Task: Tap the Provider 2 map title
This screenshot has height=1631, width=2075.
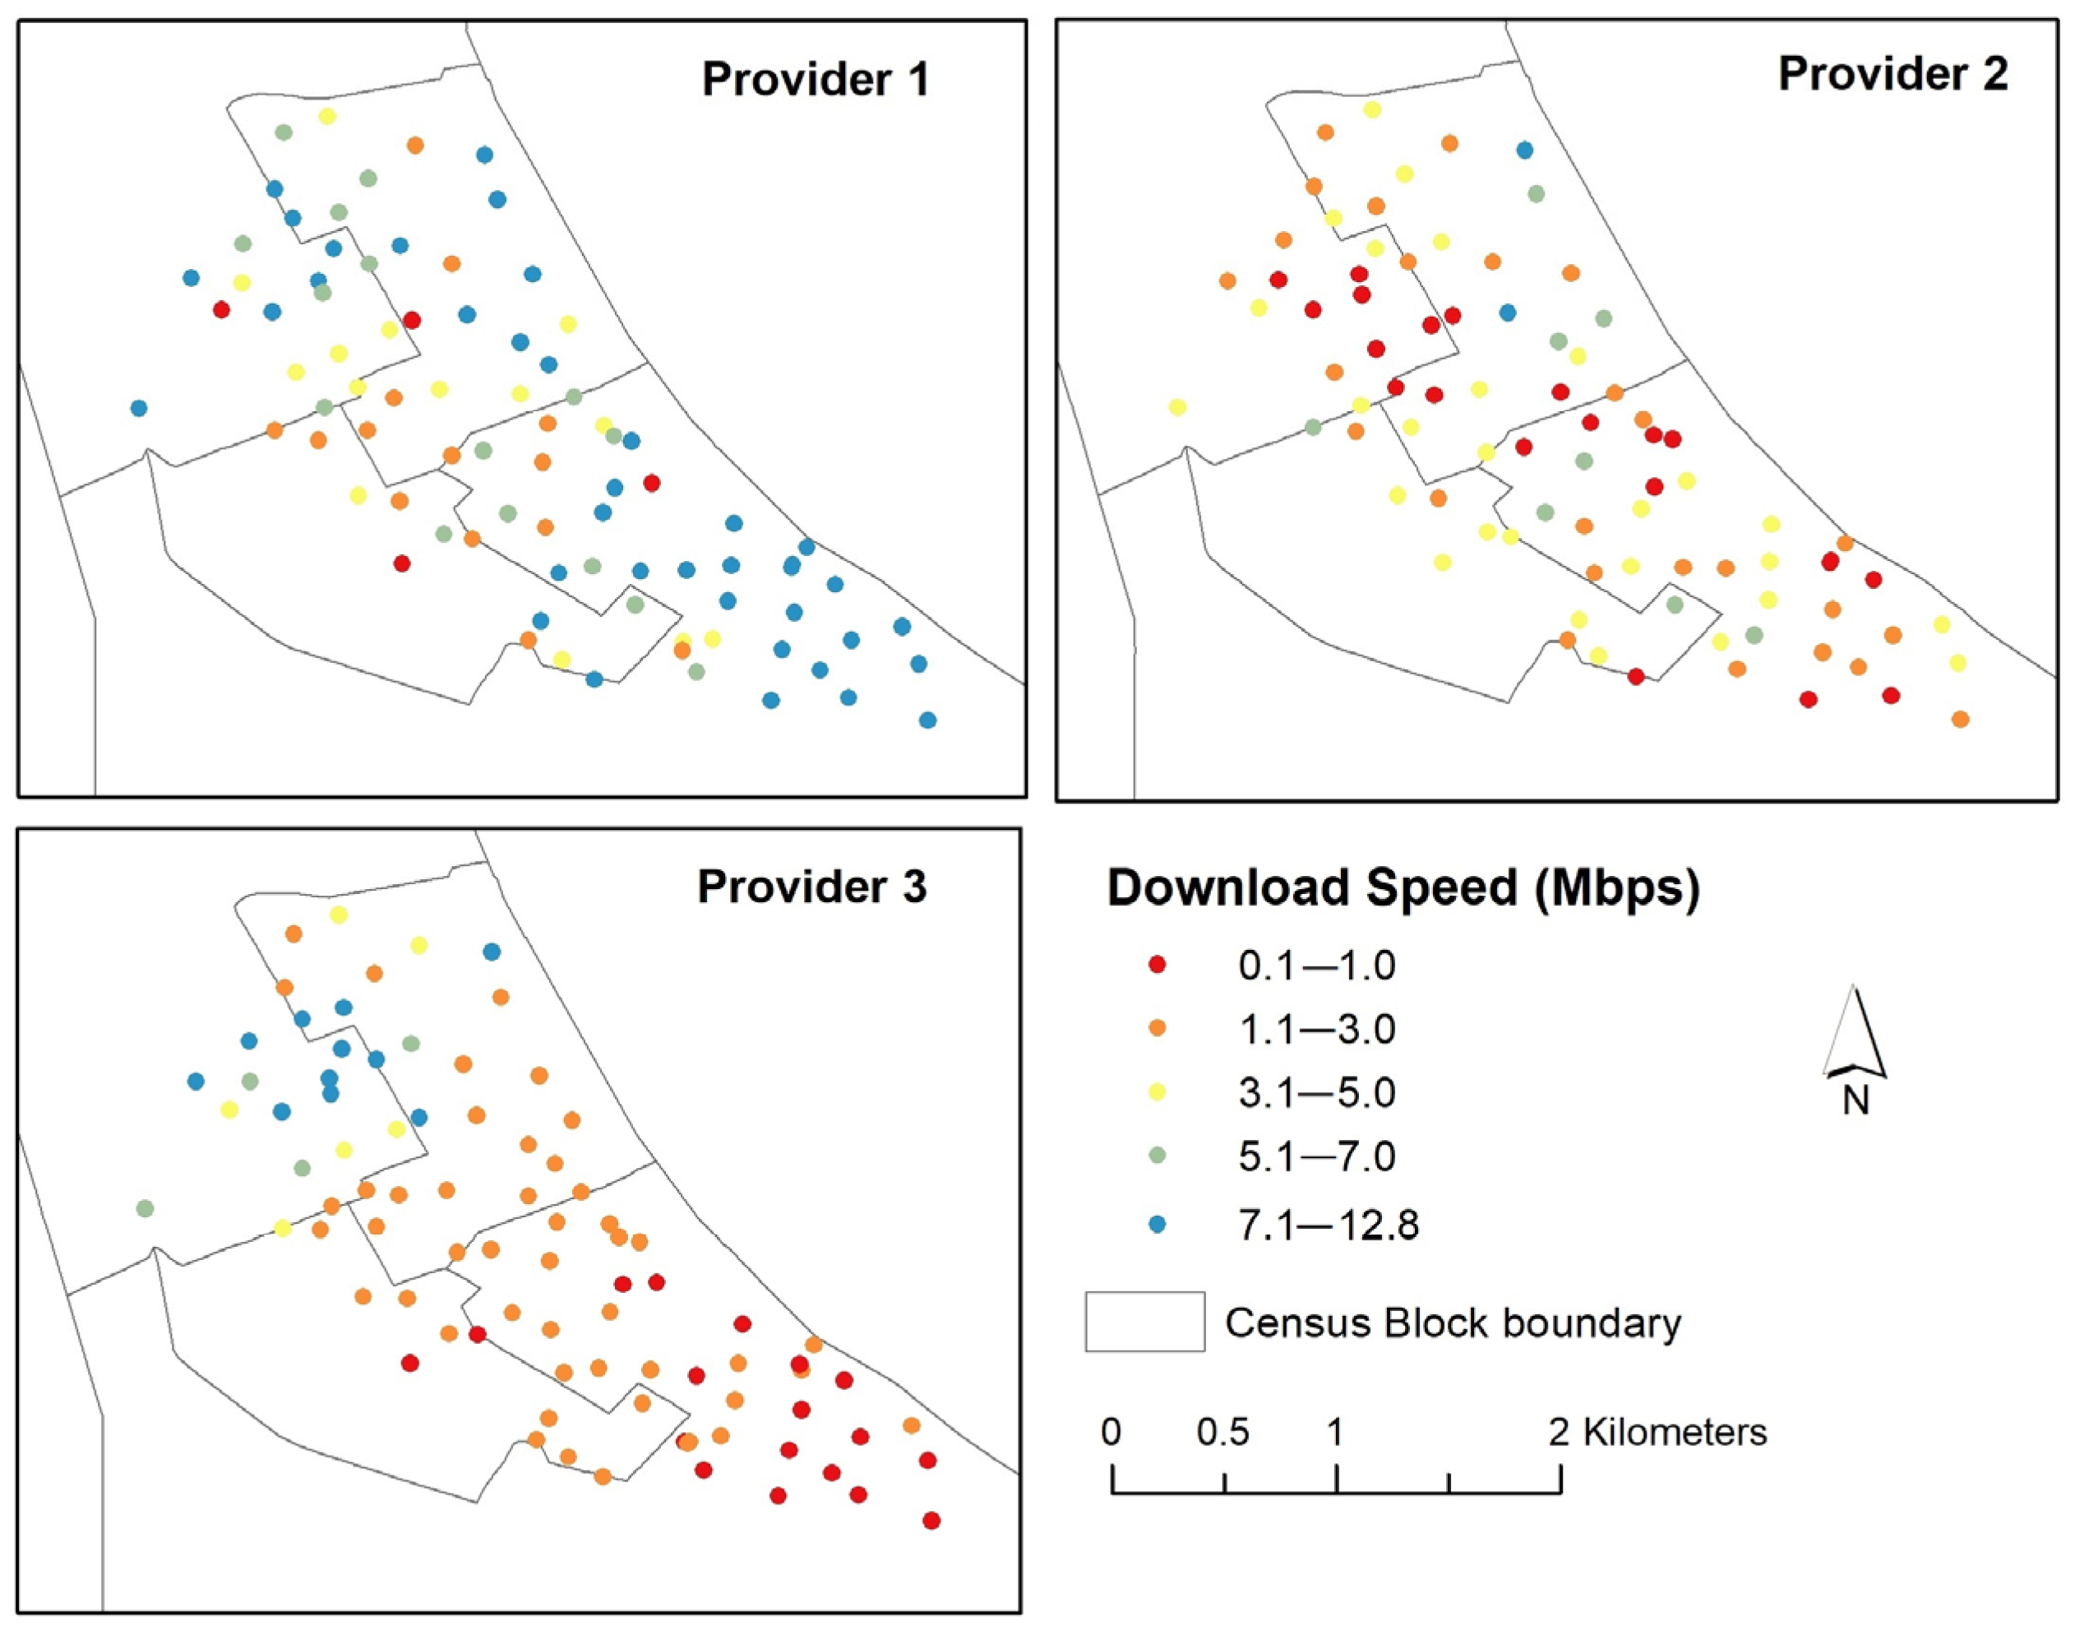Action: pyautogui.click(x=1892, y=75)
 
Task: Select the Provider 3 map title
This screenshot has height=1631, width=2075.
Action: pyautogui.click(x=811, y=887)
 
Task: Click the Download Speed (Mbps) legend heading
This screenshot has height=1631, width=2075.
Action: pyautogui.click(x=1403, y=888)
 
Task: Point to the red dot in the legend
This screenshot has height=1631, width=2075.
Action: pyautogui.click(x=1158, y=966)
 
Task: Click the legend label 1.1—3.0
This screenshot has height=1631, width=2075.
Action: pyautogui.click(x=1317, y=1030)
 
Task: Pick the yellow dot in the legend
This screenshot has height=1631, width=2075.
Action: pyautogui.click(x=1158, y=1092)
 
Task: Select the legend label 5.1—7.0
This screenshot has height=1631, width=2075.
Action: pyautogui.click(x=1317, y=1156)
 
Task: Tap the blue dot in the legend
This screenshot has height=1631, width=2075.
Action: pyautogui.click(x=1158, y=1224)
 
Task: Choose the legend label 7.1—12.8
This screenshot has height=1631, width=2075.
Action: pyautogui.click(x=1329, y=1224)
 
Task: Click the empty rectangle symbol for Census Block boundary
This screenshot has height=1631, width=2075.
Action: pyautogui.click(x=1144, y=1322)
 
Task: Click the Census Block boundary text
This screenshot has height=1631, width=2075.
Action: pyautogui.click(x=1453, y=1323)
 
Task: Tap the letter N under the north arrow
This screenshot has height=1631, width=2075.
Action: pyautogui.click(x=1855, y=1101)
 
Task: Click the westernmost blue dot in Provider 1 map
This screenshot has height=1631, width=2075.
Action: pyautogui.click(x=138, y=408)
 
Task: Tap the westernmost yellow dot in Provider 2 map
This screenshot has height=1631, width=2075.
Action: pyautogui.click(x=1177, y=407)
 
